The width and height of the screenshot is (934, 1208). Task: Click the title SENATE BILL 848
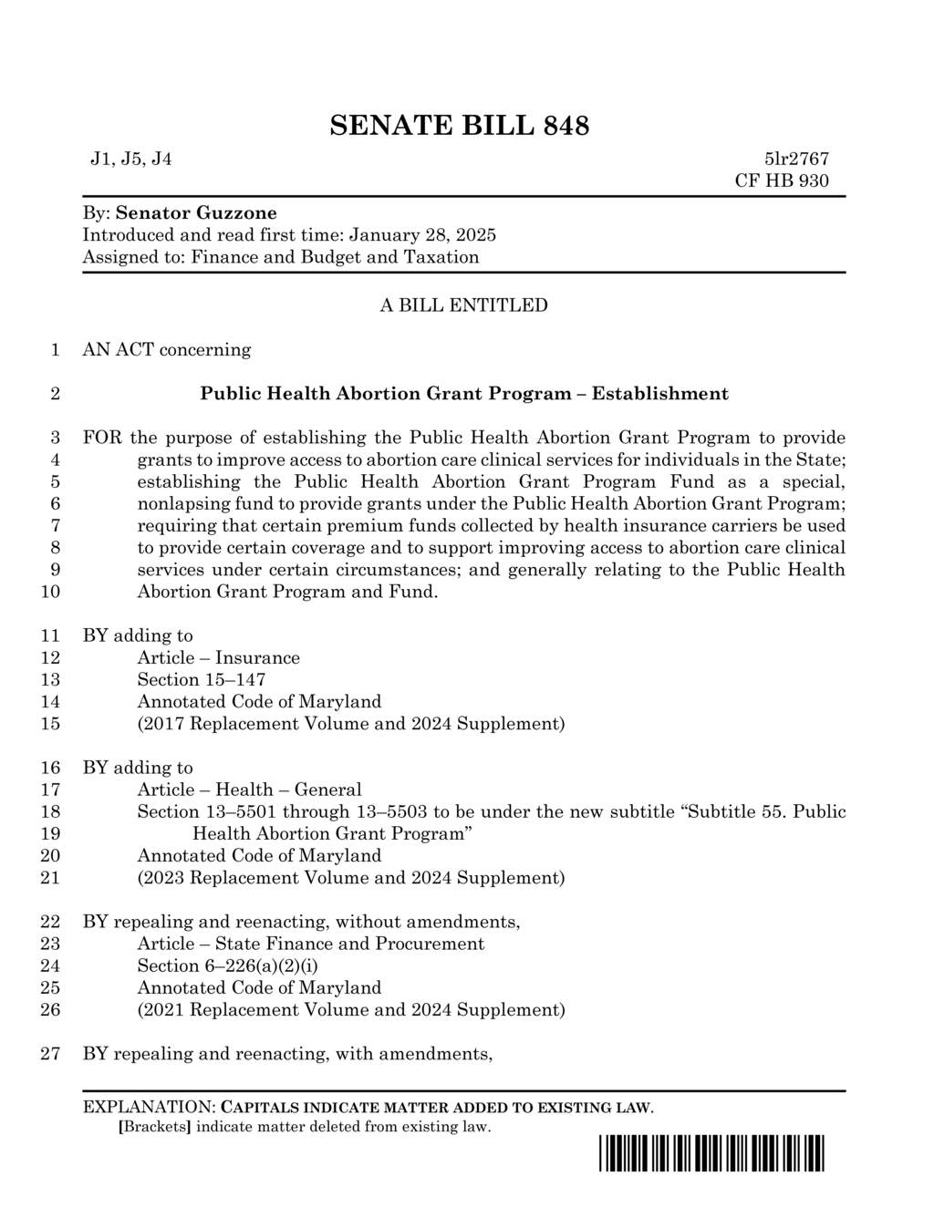coord(459,125)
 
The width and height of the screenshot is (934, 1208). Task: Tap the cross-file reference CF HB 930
coord(782,181)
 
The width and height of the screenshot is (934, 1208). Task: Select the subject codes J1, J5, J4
coord(130,160)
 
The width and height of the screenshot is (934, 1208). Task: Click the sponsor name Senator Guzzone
coord(196,213)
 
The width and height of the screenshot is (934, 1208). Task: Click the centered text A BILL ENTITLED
coord(463,305)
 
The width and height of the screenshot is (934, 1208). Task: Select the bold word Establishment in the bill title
coord(659,394)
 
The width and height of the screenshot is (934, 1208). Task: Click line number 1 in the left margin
coord(55,350)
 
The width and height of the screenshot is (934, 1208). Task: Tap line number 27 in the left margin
coord(51,1054)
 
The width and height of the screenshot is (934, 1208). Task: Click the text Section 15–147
coord(202,680)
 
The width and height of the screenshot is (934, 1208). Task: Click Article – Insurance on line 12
coord(218,658)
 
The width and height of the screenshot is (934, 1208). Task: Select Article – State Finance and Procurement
coord(310,944)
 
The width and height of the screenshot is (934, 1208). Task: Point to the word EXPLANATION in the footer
coord(147,1108)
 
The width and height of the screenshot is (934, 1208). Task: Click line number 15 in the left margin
coord(51,724)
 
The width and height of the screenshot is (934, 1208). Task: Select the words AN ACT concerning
coord(167,350)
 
